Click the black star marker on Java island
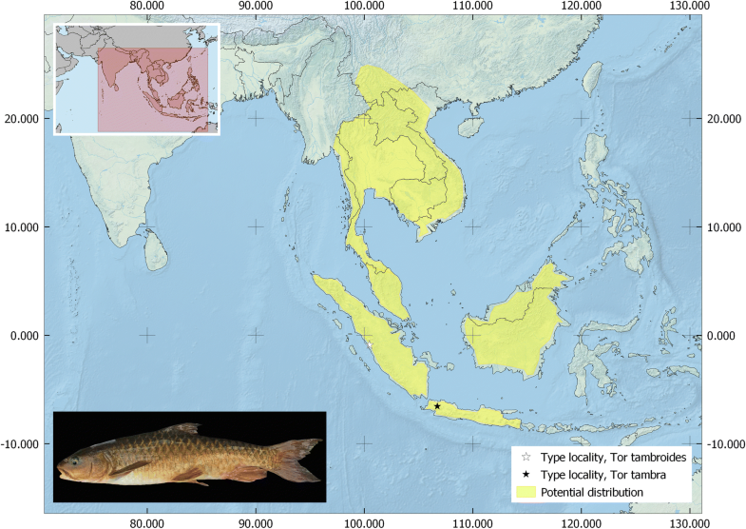[437, 406]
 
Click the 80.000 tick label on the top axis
[147, 8]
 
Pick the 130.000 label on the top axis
[690, 8]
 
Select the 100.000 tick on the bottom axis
[364, 522]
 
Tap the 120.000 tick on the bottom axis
[582, 522]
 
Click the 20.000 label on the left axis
[23, 119]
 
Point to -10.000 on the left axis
[21, 444]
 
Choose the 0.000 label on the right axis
[720, 336]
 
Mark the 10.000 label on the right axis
[723, 227]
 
